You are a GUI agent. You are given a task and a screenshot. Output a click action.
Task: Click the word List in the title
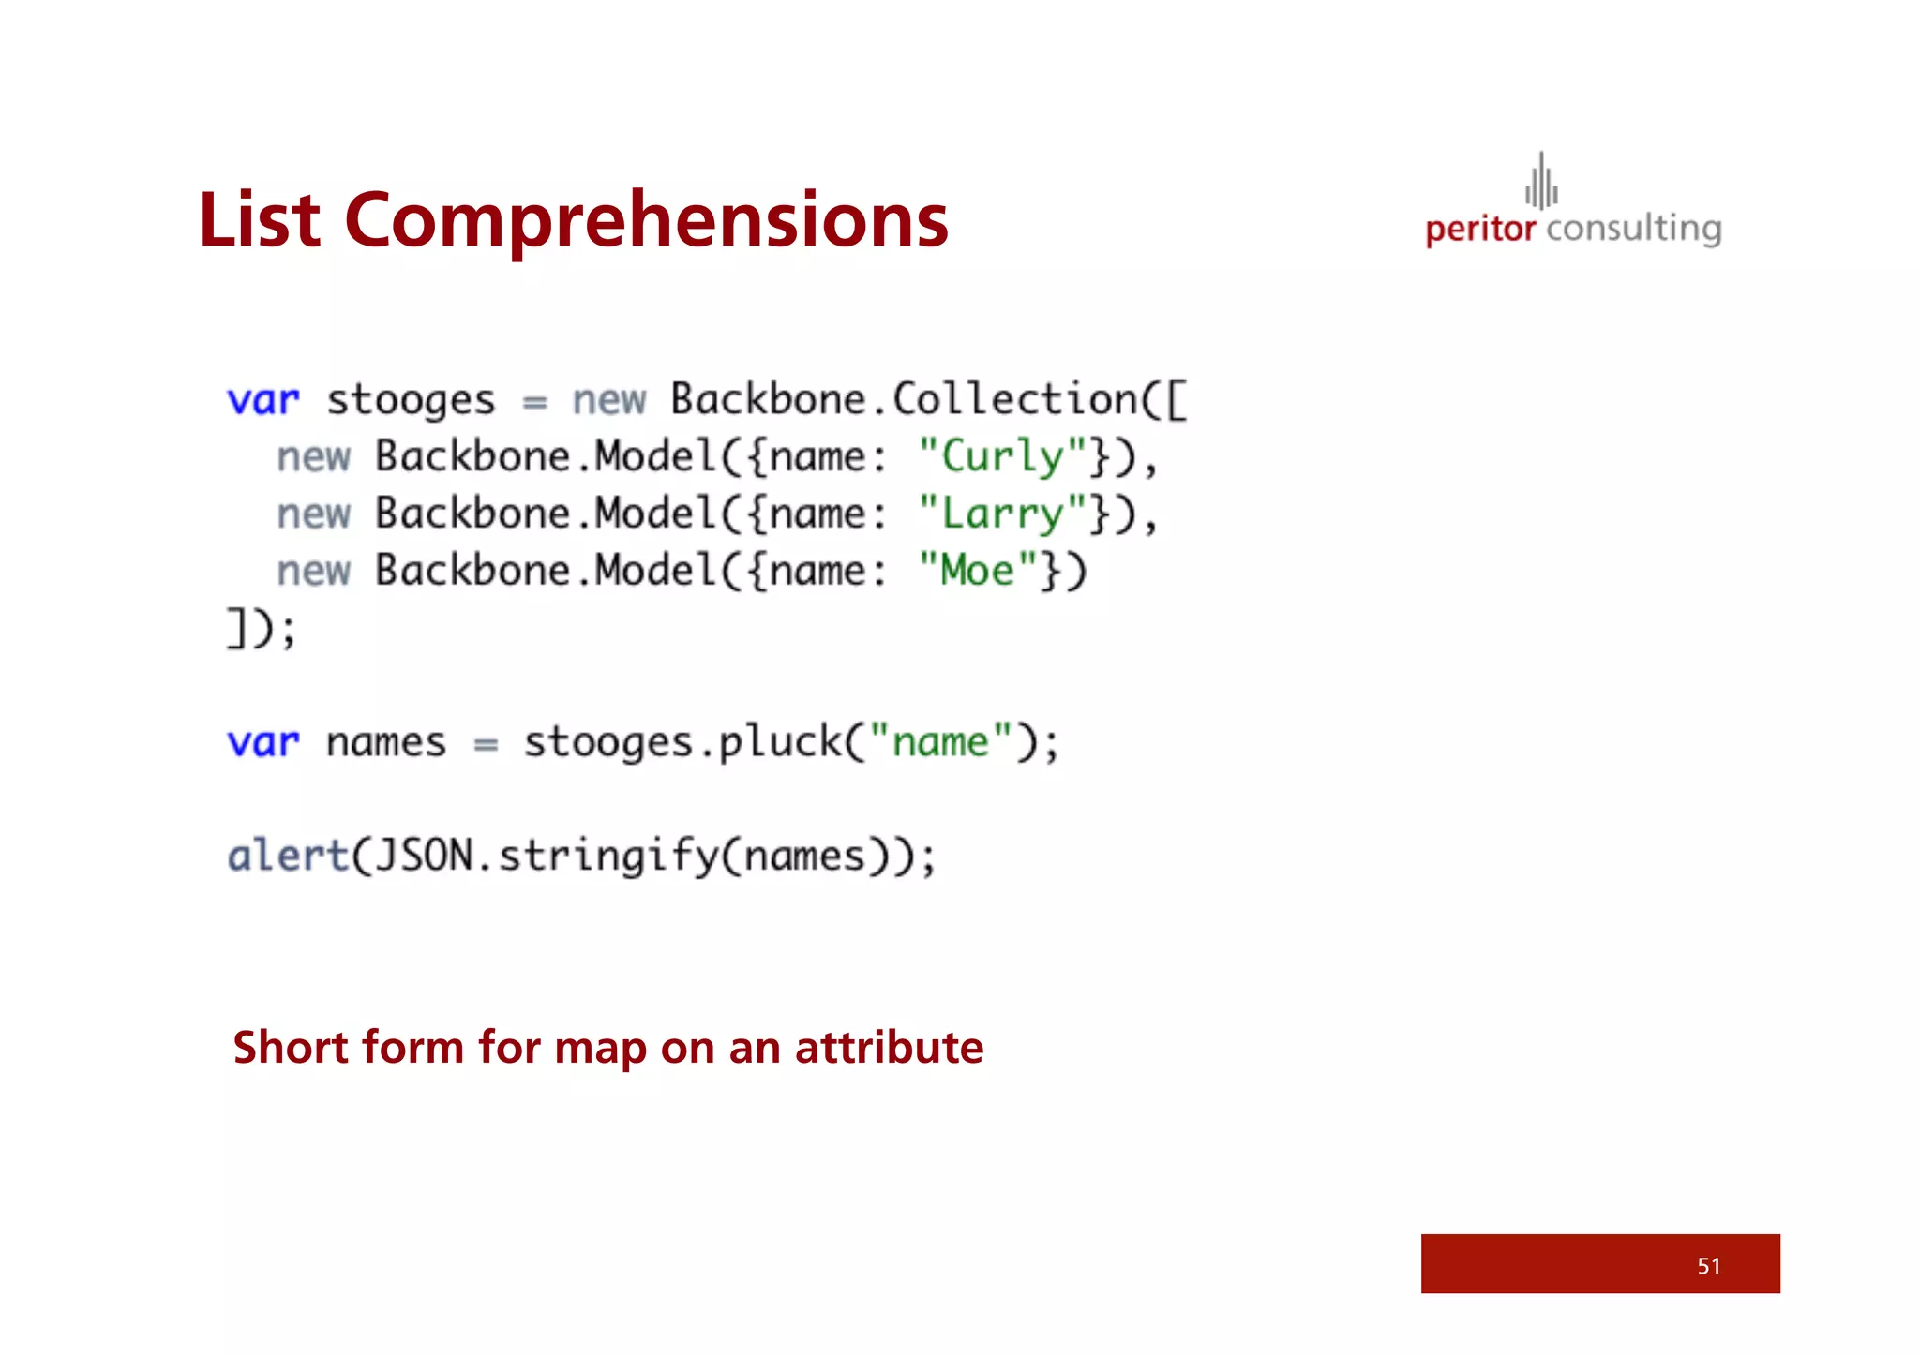(260, 220)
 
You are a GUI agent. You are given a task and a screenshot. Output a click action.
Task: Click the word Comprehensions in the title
(646, 222)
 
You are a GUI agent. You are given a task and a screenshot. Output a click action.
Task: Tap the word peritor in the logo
(1479, 230)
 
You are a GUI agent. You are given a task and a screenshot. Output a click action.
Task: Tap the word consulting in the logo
(1633, 230)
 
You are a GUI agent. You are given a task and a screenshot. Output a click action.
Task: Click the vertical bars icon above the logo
(1541, 182)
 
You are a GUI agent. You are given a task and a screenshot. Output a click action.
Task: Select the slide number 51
(1708, 1266)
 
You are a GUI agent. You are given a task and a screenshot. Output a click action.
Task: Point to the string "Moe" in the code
(977, 571)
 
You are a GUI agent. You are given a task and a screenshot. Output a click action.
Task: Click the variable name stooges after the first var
(411, 401)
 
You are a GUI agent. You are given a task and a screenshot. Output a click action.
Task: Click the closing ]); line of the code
(262, 628)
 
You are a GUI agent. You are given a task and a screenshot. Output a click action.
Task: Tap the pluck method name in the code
(780, 743)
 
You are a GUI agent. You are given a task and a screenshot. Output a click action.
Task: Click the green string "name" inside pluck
(940, 742)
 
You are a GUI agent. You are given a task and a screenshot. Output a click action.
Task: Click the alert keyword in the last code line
(288, 857)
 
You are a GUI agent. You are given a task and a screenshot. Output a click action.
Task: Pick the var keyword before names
(263, 743)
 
